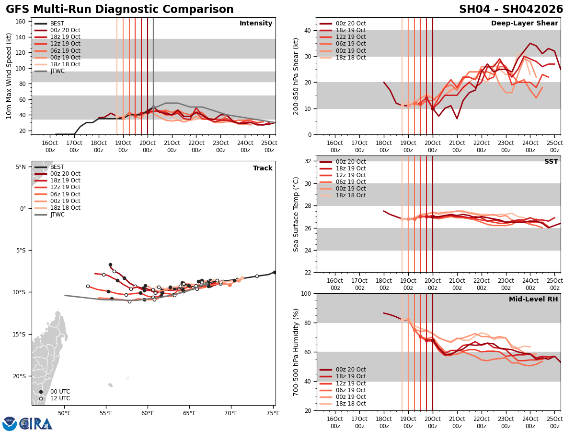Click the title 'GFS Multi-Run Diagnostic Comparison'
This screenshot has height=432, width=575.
(120, 10)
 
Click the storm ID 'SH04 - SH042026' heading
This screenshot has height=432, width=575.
(511, 10)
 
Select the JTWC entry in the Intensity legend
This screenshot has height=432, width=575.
(57, 71)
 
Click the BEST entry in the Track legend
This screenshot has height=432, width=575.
(57, 167)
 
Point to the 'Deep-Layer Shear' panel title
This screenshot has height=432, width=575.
(524, 24)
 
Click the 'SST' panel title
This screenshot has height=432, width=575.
(551, 162)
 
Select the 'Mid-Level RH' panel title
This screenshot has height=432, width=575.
(533, 300)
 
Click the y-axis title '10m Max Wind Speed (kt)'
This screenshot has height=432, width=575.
(9, 76)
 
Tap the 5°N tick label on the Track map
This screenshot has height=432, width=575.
(21, 167)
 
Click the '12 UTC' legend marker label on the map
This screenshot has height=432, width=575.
(57, 398)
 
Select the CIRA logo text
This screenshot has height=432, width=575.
(36, 424)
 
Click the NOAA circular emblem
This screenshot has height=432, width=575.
(10, 424)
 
